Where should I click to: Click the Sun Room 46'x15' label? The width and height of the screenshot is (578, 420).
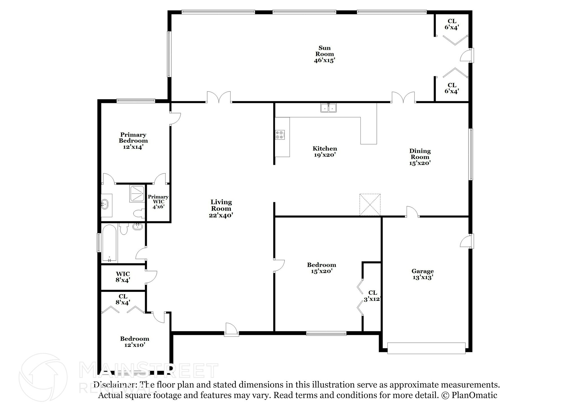(x=324, y=54)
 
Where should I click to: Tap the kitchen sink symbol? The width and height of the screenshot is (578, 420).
(x=329, y=108)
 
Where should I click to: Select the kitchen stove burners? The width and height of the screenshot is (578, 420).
(x=280, y=135)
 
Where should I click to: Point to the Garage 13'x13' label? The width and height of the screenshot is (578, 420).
(x=422, y=274)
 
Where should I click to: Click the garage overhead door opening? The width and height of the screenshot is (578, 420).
(x=426, y=348)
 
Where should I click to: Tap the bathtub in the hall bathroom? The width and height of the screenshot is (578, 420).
(x=110, y=243)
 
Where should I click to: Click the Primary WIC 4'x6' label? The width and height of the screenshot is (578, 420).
(x=158, y=202)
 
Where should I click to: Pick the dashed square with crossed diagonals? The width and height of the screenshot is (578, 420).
(x=370, y=205)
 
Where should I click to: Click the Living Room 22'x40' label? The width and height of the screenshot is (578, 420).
(x=221, y=208)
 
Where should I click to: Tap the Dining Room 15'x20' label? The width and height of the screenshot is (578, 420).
(x=420, y=157)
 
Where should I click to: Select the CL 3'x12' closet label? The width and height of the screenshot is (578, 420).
(x=373, y=296)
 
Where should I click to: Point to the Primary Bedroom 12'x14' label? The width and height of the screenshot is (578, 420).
(x=133, y=141)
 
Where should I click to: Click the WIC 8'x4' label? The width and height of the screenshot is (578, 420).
(x=123, y=277)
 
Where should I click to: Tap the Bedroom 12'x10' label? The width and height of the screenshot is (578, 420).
(x=134, y=342)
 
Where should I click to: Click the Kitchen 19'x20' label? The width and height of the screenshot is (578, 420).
(x=325, y=151)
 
